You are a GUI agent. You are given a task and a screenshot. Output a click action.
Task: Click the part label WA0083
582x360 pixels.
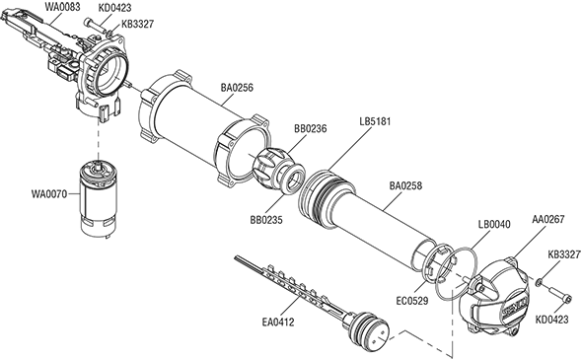point(62,7)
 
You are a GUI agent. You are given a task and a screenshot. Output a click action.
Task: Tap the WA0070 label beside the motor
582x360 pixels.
point(49,193)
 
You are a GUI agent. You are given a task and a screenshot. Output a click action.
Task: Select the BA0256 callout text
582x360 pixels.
point(237,88)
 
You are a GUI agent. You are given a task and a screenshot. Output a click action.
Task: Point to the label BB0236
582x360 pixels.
point(311,128)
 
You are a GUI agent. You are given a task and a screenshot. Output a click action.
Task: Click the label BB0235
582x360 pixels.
point(266,220)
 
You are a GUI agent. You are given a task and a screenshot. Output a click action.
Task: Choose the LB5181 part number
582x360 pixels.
point(375,121)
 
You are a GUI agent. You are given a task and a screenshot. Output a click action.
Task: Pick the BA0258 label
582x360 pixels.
point(405,185)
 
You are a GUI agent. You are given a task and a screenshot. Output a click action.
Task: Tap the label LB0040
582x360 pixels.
point(494,224)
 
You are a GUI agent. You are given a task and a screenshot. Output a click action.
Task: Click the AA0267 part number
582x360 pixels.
point(547,219)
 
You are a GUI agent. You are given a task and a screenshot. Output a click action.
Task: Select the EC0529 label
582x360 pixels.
point(412,300)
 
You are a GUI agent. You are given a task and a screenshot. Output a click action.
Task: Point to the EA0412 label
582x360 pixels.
point(278,322)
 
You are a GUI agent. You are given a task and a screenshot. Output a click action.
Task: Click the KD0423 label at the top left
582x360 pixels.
point(115,8)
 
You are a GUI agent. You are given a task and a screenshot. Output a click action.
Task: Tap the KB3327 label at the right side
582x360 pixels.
point(564,255)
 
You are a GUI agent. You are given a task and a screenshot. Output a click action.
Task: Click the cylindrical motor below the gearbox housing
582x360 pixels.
point(98,198)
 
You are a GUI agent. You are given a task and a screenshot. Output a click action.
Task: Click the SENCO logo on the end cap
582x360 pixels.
point(515,305)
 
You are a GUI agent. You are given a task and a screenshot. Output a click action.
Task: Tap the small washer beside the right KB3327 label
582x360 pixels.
point(538,283)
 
